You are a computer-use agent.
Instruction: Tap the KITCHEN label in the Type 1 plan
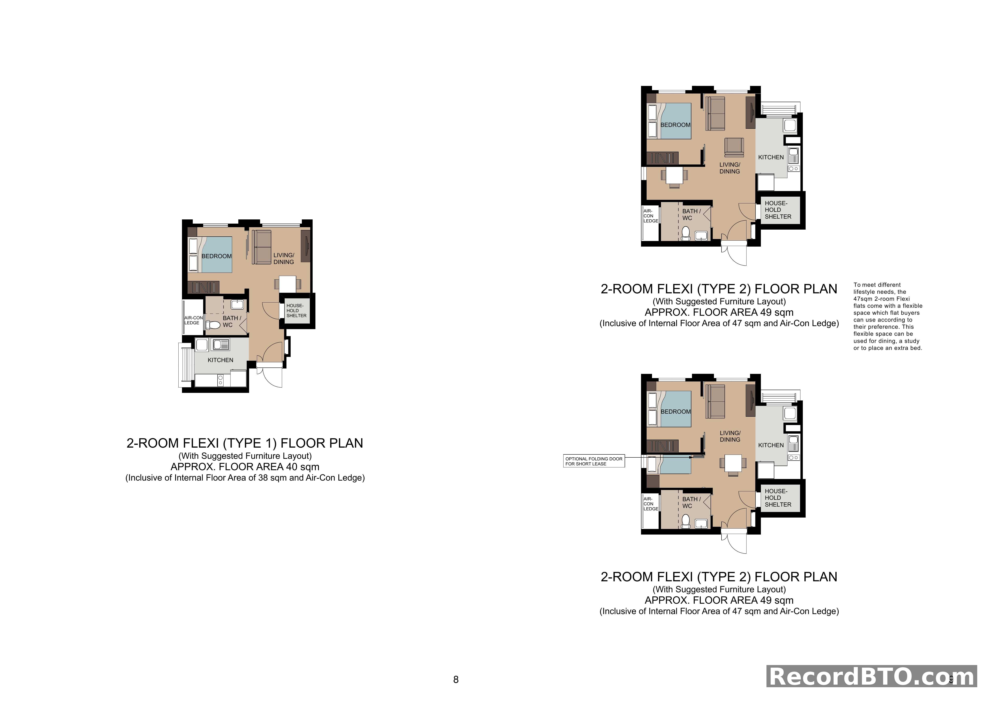220,360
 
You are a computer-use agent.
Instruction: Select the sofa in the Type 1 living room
261,248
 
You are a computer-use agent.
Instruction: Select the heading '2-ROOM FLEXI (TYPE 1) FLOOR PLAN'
245,443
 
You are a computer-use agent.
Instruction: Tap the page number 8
456,680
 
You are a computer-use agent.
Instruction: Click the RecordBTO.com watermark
872,676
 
